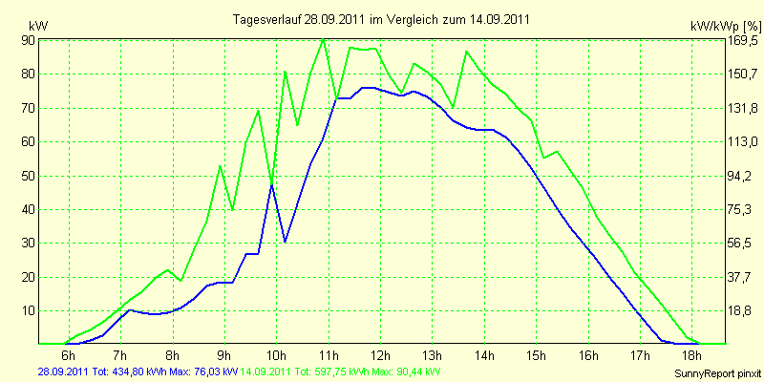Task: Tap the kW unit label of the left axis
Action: point(38,26)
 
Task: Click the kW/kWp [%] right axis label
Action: point(725,26)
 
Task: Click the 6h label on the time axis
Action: point(69,353)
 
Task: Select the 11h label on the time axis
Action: point(329,353)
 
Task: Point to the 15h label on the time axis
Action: point(537,353)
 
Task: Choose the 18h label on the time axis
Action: point(692,353)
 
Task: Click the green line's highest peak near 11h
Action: point(323,39)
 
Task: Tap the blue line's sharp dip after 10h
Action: point(285,242)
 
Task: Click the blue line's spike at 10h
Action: point(272,185)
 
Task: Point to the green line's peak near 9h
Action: point(220,166)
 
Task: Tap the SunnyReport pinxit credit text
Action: point(717,373)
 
